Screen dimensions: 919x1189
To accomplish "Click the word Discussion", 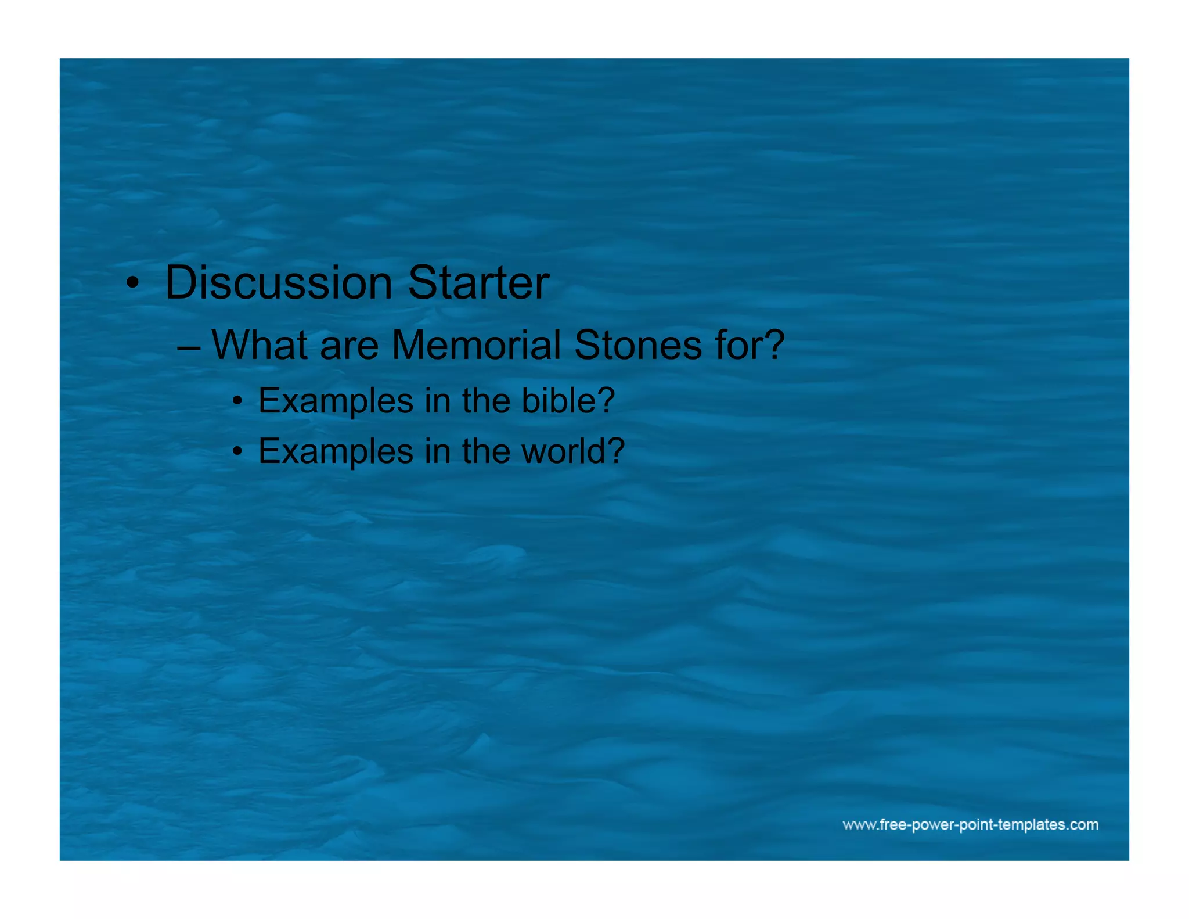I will tap(279, 283).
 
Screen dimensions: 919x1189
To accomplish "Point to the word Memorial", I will tap(476, 345).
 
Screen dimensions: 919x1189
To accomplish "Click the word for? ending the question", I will tap(750, 345).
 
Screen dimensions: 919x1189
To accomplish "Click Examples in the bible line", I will tap(336, 401).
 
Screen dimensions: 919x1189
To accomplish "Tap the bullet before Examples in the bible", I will tap(237, 401).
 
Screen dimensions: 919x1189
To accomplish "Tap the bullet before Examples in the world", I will tap(237, 451).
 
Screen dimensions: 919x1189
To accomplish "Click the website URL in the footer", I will tap(970, 824).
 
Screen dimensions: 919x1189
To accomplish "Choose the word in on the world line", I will tap(437, 451).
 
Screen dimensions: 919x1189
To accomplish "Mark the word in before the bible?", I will tap(437, 400).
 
